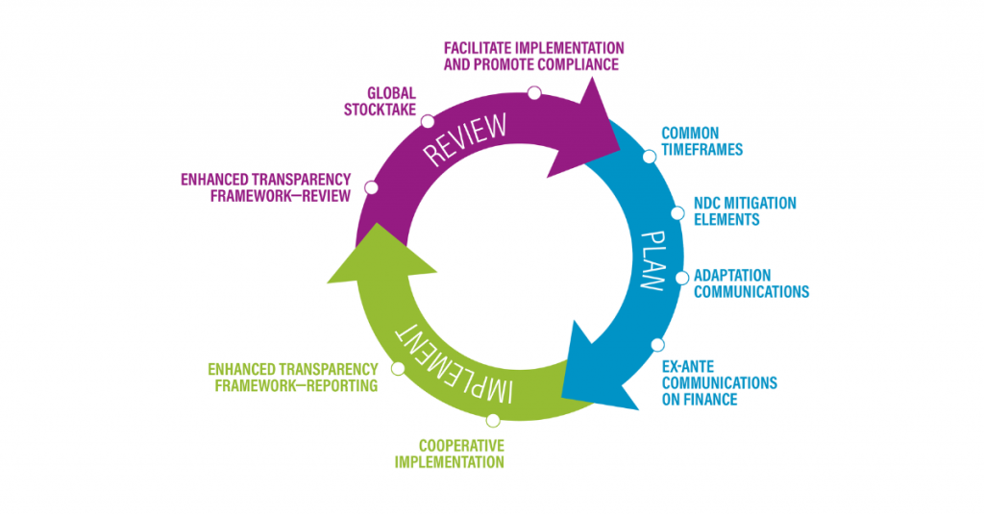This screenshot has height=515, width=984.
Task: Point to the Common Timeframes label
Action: tap(702, 141)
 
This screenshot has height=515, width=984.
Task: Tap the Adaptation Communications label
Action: tap(751, 283)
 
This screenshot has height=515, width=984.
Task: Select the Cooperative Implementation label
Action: tap(461, 454)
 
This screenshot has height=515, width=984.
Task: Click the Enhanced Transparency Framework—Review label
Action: tap(265, 187)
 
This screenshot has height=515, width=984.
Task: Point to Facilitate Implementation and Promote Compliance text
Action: tap(533, 56)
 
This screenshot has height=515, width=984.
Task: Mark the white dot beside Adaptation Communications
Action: tap(682, 278)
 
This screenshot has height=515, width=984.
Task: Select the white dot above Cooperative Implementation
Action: tap(493, 420)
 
